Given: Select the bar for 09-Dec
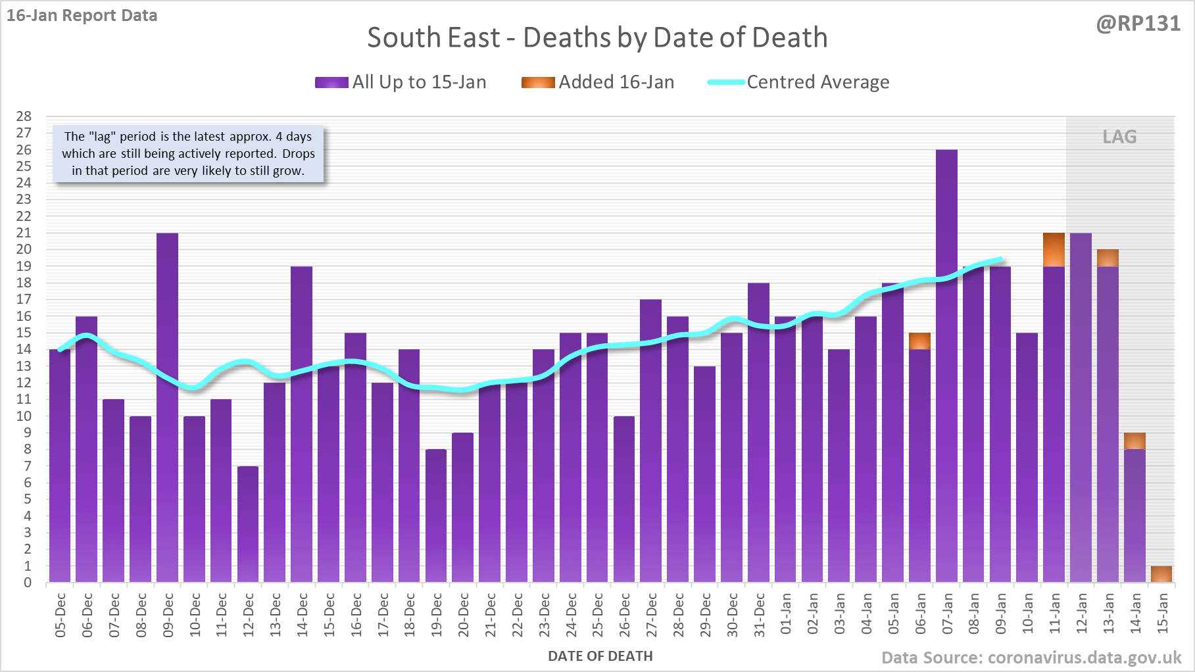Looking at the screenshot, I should coord(167,408).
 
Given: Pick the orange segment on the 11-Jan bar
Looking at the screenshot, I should coord(1054,250).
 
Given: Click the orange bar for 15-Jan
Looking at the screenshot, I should coord(1161,574).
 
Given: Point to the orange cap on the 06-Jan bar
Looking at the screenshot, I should coord(919,341).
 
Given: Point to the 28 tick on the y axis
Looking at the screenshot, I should coord(24,116).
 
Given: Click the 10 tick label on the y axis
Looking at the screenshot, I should coord(24,416).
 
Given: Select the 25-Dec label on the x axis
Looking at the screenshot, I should coord(598,615).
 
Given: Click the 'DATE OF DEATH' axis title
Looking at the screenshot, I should coord(600,656).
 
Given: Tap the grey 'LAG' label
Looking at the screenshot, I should coord(1119,137).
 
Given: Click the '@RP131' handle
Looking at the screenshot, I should coord(1138,24).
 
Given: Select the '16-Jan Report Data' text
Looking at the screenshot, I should coord(82,16).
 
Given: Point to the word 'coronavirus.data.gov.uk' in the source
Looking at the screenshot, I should coord(1085,658).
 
